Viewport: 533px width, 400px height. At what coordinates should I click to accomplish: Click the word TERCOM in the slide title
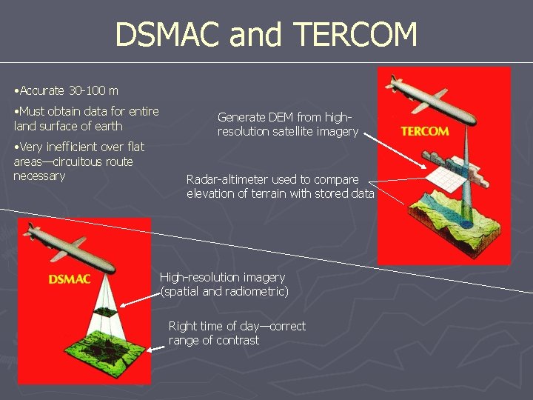[x=357, y=35]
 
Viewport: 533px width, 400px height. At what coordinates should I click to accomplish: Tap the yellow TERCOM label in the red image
[x=424, y=131]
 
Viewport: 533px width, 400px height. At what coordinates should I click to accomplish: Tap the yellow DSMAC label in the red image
[x=70, y=279]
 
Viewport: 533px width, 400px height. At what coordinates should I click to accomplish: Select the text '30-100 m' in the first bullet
[x=93, y=91]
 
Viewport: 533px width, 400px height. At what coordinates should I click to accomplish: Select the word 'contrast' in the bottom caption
[x=238, y=341]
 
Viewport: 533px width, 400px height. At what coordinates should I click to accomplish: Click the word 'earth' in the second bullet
[x=107, y=126]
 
